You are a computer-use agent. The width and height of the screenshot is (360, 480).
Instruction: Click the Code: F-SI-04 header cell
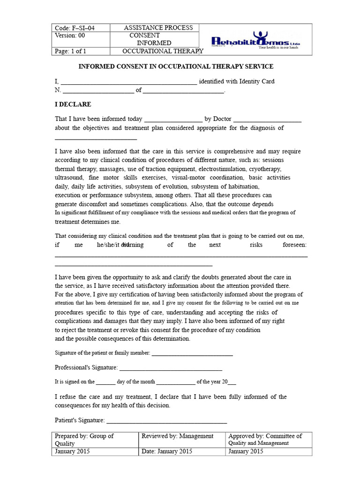(x=75, y=28)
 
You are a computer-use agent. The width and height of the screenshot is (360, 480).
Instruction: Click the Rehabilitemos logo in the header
(x=255, y=39)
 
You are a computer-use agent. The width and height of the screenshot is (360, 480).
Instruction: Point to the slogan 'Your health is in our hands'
(x=279, y=47)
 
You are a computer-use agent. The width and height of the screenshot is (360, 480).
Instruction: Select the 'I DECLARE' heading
(x=73, y=104)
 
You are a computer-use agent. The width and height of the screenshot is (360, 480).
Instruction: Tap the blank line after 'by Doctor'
(x=267, y=121)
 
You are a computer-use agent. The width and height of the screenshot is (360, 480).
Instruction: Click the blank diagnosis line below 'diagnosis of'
(x=96, y=139)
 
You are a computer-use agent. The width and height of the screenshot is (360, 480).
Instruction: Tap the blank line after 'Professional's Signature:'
(x=171, y=370)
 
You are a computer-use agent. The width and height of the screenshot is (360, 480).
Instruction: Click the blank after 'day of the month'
(x=175, y=383)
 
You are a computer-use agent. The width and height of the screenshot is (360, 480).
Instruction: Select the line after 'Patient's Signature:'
(x=166, y=423)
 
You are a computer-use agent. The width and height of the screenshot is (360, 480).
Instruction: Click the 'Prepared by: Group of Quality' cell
(x=96, y=439)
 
